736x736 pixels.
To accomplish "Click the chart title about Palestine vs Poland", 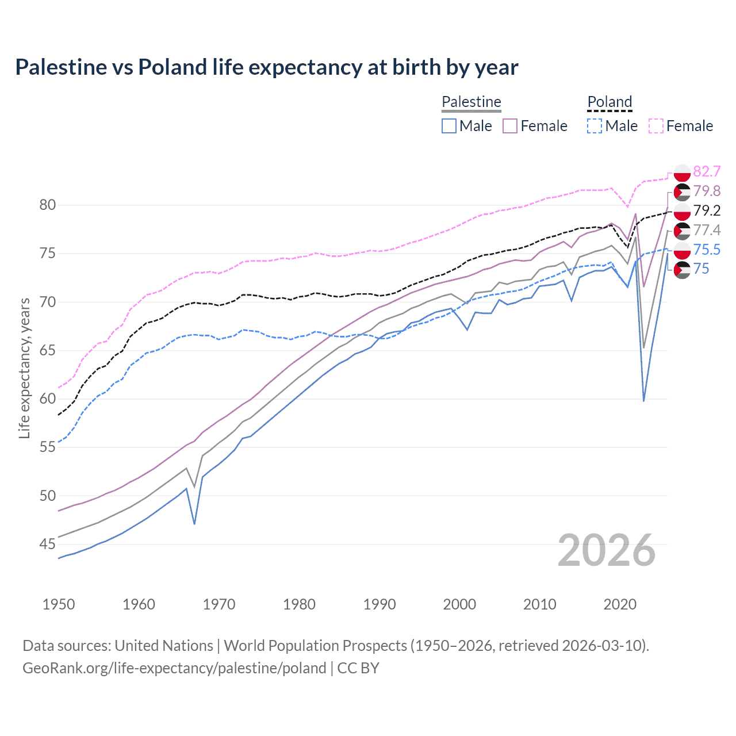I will tap(267, 67).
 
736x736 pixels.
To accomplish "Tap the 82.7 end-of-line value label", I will tap(707, 171).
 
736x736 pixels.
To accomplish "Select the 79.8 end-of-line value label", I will tap(707, 191).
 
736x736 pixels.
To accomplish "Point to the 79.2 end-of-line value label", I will tap(707, 210).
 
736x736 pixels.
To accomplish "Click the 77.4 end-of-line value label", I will tap(707, 230).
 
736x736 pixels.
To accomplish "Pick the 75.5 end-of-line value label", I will tap(707, 250).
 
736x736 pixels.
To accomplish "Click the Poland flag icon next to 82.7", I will tap(682, 172).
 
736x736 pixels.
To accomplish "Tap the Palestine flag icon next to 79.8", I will tap(682, 191).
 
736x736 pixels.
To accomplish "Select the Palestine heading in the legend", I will tap(471, 102).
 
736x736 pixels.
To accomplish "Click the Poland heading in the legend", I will tap(609, 102).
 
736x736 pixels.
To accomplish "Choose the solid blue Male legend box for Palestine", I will tap(449, 126).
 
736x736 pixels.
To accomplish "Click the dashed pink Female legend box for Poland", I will tap(656, 126).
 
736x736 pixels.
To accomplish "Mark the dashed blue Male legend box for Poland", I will tap(595, 126).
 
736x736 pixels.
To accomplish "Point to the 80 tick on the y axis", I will tap(48, 205).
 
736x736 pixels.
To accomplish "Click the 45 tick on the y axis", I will tap(48, 544).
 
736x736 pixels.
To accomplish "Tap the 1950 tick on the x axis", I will tap(59, 604).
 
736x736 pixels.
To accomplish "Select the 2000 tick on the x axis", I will tap(459, 604).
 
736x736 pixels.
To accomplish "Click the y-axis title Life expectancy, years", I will tap(24, 368).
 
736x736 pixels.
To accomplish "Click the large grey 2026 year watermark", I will tap(607, 550).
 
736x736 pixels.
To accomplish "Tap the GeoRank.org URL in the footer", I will tap(174, 668).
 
